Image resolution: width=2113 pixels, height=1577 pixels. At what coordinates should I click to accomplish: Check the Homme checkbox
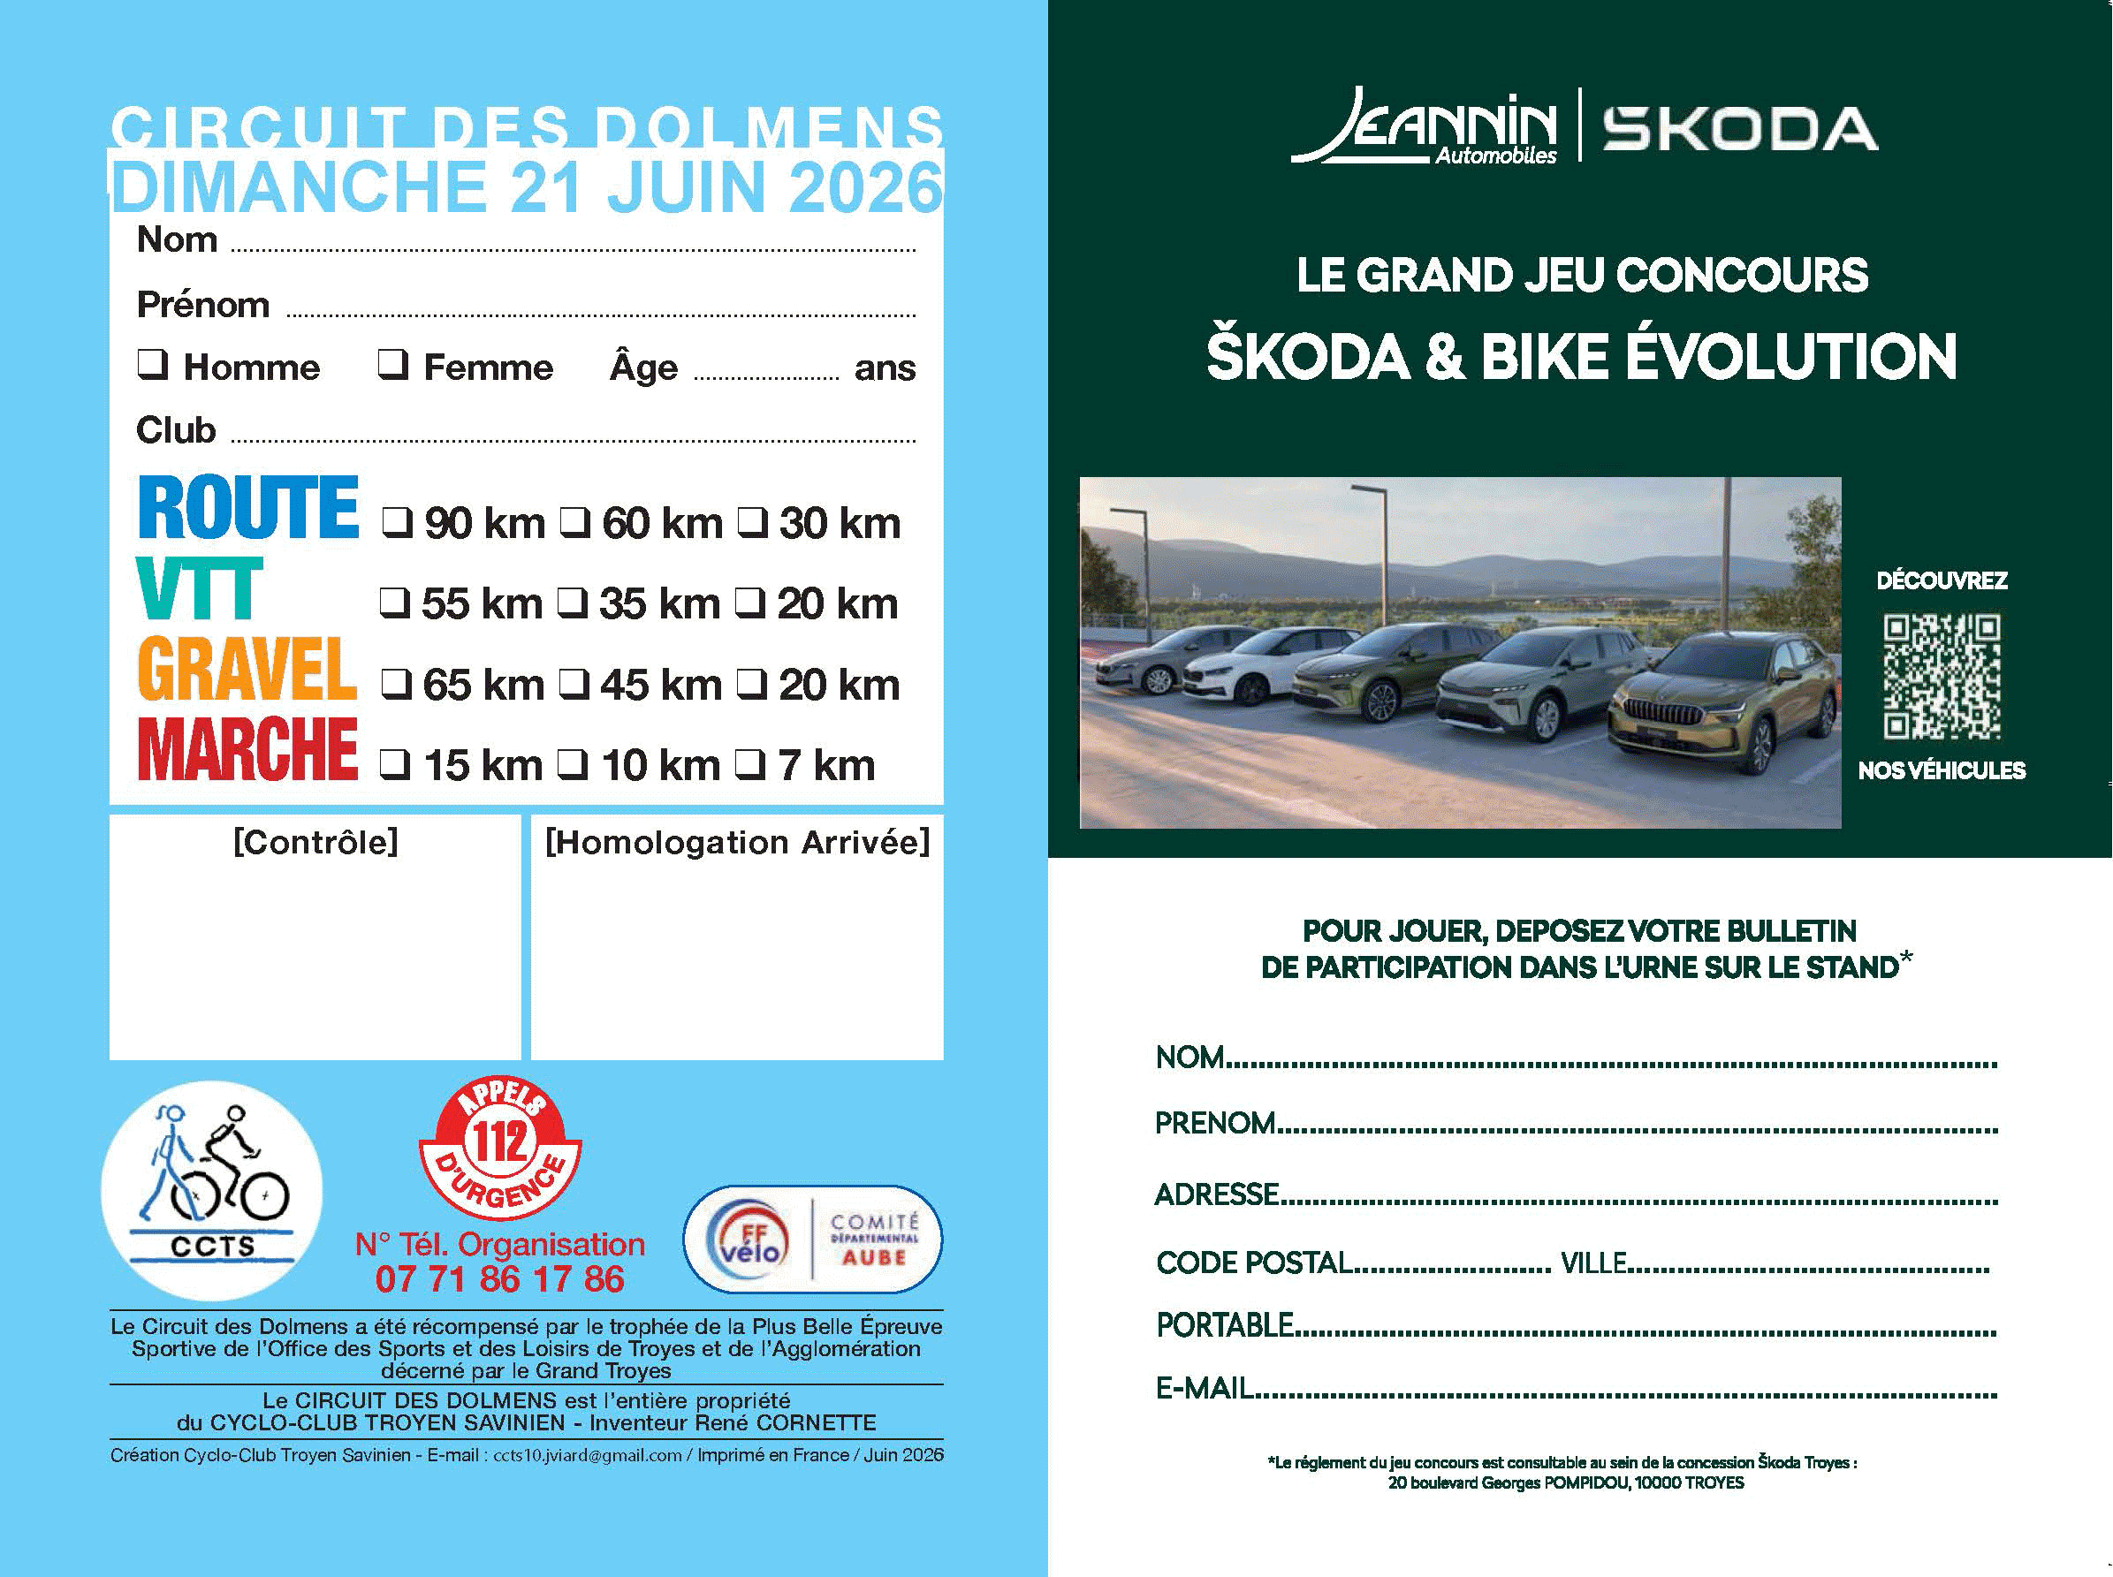coord(153,364)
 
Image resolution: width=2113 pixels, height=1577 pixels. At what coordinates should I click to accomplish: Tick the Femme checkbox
coord(392,364)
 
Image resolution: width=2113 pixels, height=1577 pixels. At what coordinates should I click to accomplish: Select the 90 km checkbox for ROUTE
coord(396,522)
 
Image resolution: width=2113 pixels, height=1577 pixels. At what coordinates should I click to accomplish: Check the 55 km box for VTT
coord(394,603)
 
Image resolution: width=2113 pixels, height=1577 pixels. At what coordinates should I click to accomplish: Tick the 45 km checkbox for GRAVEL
coord(573,684)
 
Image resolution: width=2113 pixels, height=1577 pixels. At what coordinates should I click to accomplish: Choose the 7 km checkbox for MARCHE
coord(749,763)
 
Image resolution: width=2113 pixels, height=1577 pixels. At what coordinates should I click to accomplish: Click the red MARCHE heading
coord(247,749)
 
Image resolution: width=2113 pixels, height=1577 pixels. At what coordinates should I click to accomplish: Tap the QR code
coord(1942,676)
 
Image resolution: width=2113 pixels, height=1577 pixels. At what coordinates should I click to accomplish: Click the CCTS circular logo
coord(212,1189)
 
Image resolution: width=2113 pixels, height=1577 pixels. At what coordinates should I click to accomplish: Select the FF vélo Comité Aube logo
coord(812,1239)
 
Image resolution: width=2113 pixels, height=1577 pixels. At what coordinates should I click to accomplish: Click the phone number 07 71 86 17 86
coord(499,1279)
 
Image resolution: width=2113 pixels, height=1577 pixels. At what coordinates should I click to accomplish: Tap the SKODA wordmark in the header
coord(1740,130)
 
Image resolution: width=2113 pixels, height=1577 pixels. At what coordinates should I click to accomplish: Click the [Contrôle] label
coord(315,842)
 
